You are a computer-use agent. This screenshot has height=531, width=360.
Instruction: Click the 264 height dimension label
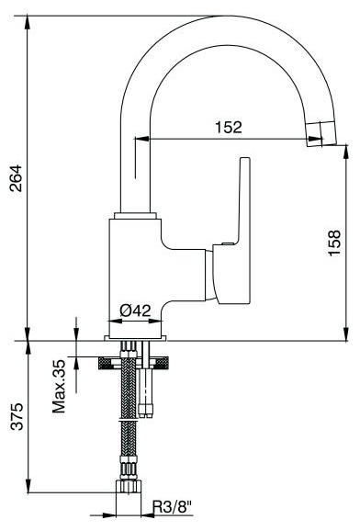(17, 178)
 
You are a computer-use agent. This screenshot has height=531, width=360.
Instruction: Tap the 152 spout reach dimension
(229, 127)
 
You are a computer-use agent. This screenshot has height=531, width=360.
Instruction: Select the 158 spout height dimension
(334, 243)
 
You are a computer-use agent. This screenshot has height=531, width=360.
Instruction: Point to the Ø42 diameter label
(135, 310)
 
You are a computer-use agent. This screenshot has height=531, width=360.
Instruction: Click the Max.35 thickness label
(59, 386)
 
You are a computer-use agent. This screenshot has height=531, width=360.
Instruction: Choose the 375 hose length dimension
(17, 416)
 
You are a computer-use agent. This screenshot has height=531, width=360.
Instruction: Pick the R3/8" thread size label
(173, 507)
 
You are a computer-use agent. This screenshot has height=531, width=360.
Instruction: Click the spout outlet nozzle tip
(321, 133)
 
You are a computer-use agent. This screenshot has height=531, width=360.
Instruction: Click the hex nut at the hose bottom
(129, 486)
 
